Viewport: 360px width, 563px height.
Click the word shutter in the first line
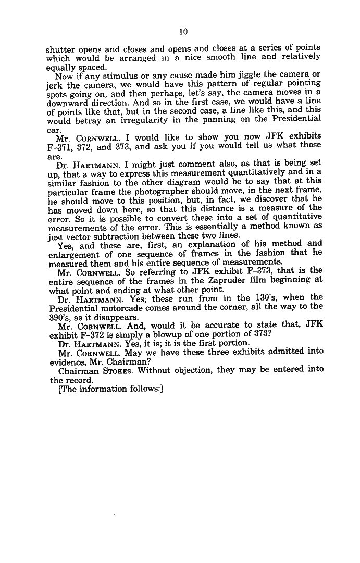click(x=59, y=51)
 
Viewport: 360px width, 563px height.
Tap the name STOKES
click(x=121, y=369)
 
